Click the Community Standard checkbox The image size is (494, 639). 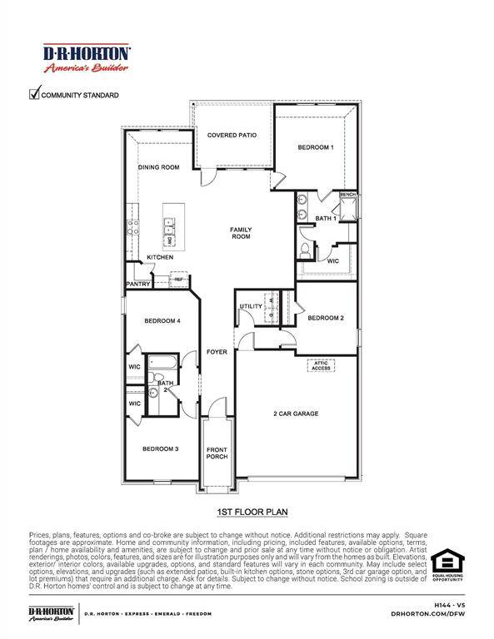(x=35, y=94)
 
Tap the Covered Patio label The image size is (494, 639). (x=232, y=135)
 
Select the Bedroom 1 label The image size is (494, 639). (x=316, y=147)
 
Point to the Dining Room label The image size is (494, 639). (x=158, y=167)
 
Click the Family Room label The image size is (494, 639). (x=241, y=233)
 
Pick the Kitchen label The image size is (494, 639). (x=160, y=257)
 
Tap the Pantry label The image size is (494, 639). (x=138, y=284)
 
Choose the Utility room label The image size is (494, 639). (x=251, y=306)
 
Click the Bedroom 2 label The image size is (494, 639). (x=325, y=318)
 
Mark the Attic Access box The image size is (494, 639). (x=321, y=365)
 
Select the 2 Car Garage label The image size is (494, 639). (x=296, y=414)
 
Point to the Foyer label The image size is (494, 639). (x=217, y=353)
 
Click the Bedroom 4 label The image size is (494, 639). (x=162, y=321)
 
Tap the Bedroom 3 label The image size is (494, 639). (x=160, y=448)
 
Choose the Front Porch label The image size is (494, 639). (x=217, y=453)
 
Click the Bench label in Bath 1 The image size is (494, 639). (x=347, y=195)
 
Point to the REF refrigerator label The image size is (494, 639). (x=178, y=280)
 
